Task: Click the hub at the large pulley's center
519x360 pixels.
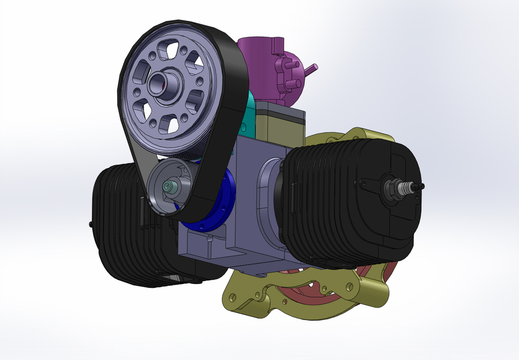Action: click(165, 83)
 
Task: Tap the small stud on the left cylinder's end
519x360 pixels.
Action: click(91, 223)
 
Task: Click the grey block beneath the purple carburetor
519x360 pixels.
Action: click(281, 121)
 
